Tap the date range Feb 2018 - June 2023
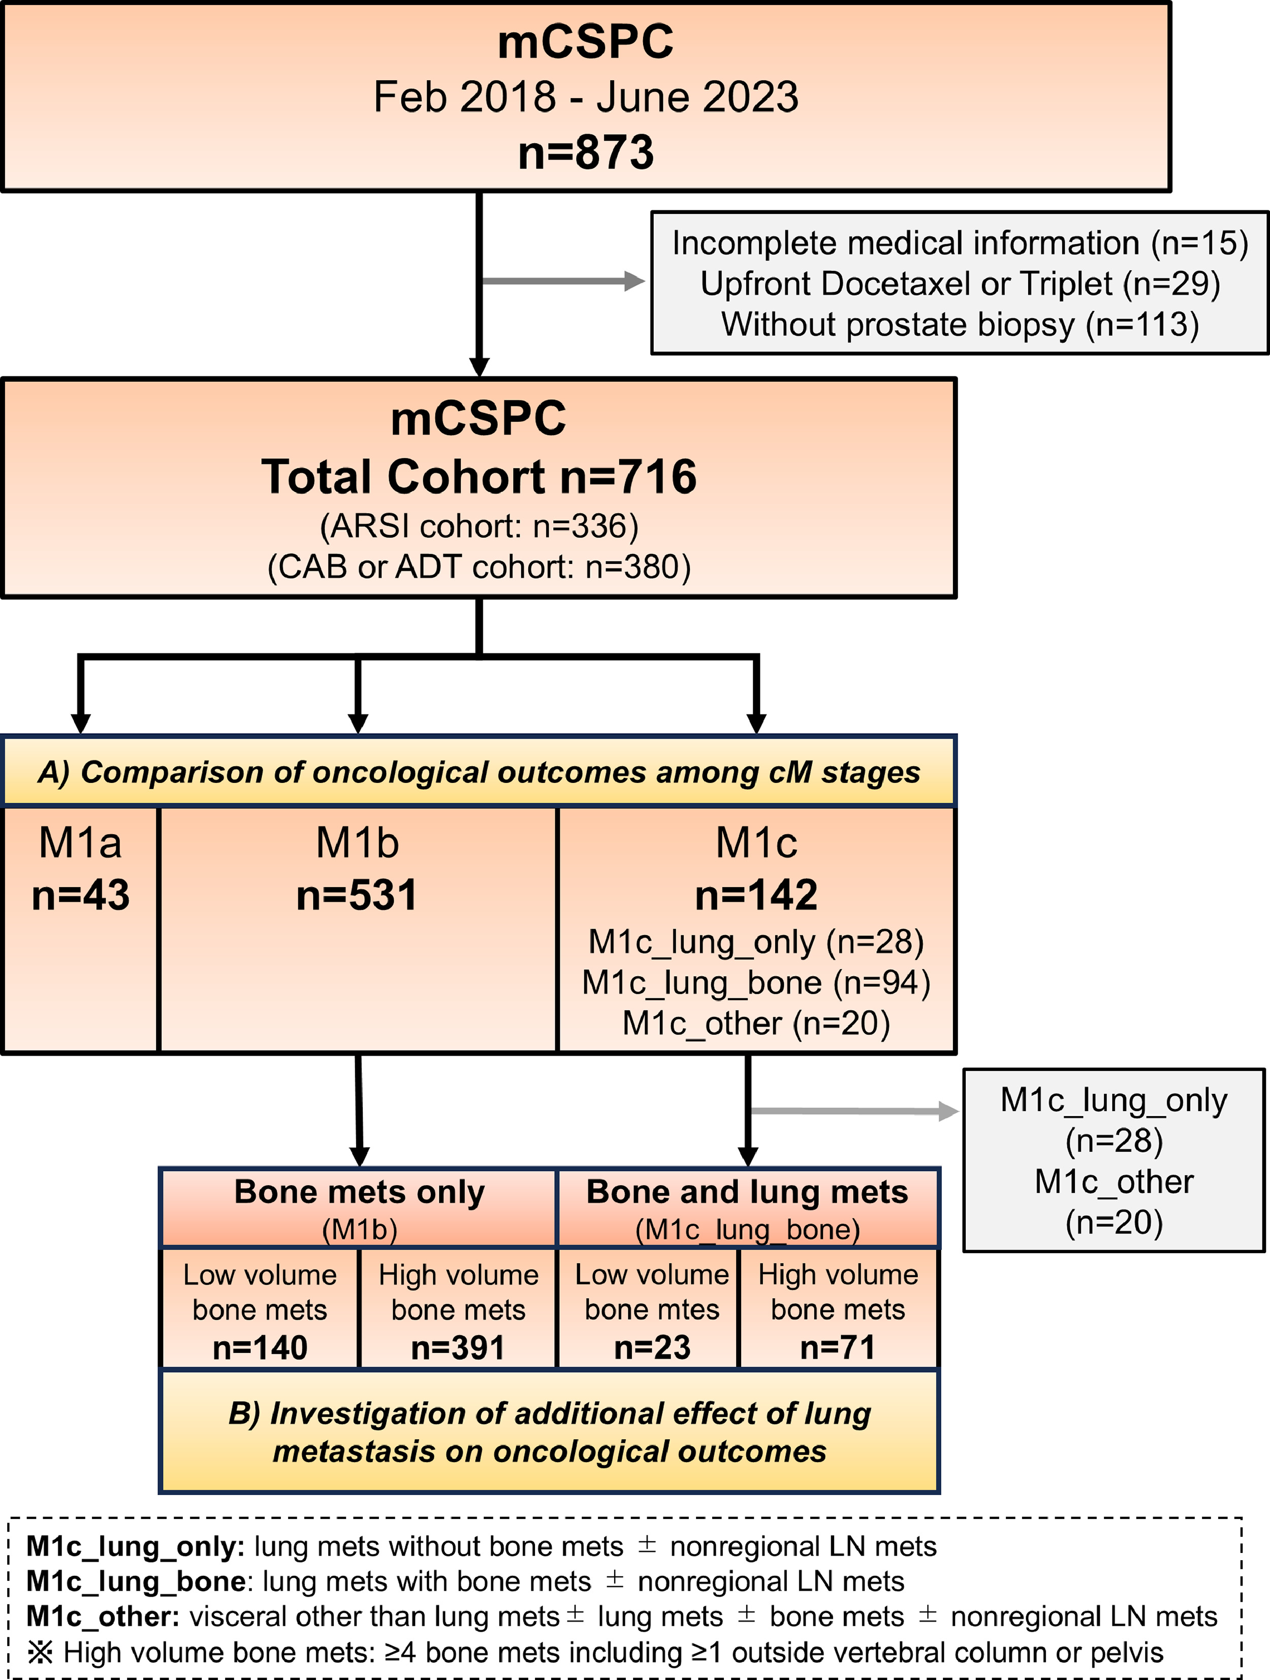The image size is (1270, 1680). (586, 97)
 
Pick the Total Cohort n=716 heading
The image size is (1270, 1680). (479, 477)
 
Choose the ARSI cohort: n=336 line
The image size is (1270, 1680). (479, 526)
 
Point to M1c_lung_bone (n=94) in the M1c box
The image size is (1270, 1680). (756, 983)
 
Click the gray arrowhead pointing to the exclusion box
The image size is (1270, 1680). (635, 281)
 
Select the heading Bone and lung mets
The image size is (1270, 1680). (747, 1192)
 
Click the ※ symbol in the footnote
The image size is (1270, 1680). (40, 1653)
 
